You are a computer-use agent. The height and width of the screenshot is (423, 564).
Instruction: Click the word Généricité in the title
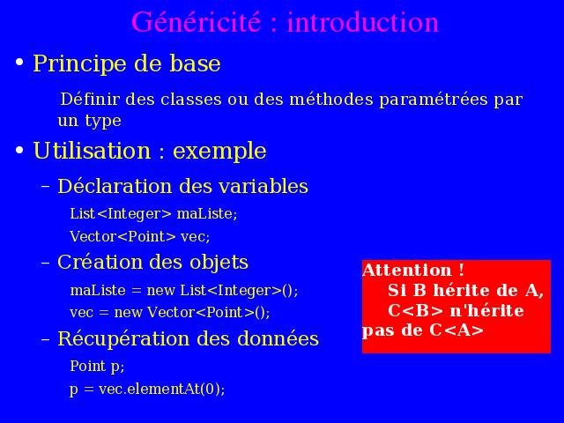point(196,22)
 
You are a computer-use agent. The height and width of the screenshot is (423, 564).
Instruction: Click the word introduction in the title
point(362,22)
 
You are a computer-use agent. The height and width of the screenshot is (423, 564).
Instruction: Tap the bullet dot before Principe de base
point(19,63)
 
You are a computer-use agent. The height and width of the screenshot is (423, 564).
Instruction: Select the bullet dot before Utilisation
point(19,150)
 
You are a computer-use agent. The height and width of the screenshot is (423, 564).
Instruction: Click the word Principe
point(80,64)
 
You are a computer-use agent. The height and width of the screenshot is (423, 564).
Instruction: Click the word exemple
point(219,152)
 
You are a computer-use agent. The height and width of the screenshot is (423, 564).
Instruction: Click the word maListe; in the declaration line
point(207,213)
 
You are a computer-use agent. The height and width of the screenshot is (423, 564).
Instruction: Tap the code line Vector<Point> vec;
point(140,237)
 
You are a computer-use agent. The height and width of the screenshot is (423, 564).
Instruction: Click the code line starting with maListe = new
point(184,291)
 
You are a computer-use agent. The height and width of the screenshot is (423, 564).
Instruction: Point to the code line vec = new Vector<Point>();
point(170,312)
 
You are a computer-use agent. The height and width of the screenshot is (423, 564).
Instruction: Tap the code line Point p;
point(97,367)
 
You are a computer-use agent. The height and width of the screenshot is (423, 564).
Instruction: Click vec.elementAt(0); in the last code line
point(162,390)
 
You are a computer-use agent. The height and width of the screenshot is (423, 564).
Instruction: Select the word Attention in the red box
point(407,271)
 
